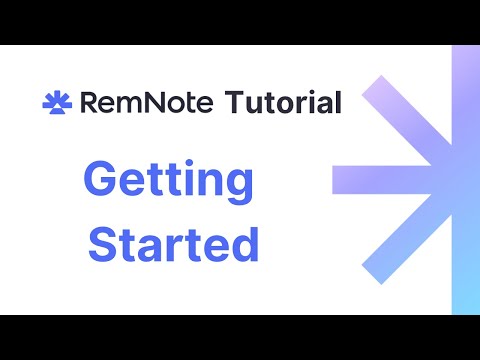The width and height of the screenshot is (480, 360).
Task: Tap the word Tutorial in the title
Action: (283, 102)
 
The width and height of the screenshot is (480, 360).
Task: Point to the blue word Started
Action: (174, 245)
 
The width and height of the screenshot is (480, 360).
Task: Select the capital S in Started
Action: (105, 245)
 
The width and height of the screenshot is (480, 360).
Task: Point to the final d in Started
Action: (245, 245)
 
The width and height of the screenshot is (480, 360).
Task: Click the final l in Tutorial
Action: (338, 101)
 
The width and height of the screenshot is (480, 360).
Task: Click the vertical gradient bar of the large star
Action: (466, 180)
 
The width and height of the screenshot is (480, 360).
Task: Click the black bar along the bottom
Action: (240, 337)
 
